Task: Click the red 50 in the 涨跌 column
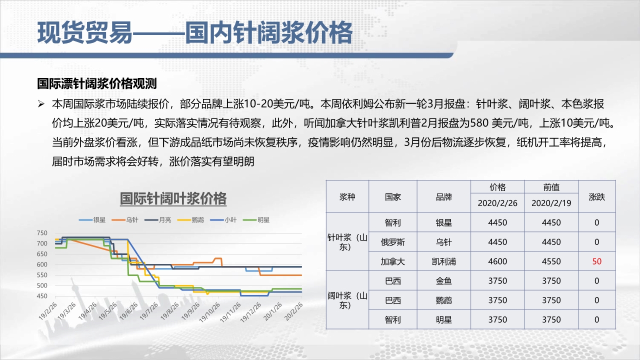click(x=596, y=261)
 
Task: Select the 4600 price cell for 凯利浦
click(x=497, y=261)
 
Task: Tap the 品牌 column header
click(x=443, y=197)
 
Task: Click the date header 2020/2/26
click(x=497, y=203)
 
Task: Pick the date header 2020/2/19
click(x=551, y=203)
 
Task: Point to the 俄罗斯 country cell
click(x=392, y=242)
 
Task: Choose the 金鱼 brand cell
click(x=443, y=281)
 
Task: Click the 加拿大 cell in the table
click(x=392, y=261)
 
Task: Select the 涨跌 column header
click(x=596, y=197)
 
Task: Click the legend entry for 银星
click(x=92, y=220)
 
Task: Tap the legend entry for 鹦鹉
click(x=190, y=220)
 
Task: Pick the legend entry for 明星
click(x=256, y=220)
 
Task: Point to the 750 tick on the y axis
click(x=42, y=233)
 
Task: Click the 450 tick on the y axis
click(x=42, y=296)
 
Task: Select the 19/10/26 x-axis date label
click(x=209, y=312)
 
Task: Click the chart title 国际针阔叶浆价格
click(x=173, y=198)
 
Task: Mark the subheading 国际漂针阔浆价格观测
click(x=97, y=83)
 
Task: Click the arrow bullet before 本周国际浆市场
click(x=41, y=104)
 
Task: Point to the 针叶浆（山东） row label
click(x=347, y=242)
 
